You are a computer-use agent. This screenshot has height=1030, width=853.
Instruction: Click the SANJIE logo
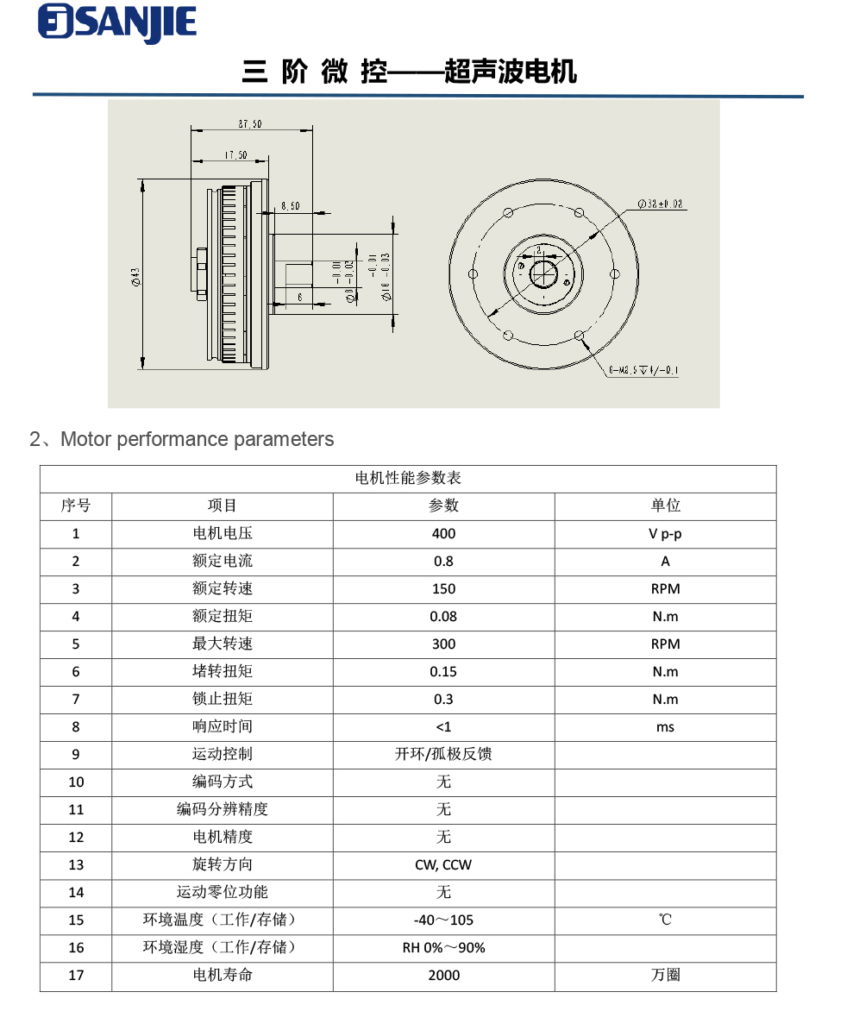117,23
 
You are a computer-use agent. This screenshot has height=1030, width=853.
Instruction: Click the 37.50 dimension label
250,124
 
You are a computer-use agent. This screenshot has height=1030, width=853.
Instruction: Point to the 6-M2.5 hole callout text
643,371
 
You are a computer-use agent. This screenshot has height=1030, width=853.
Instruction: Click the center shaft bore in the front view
543,274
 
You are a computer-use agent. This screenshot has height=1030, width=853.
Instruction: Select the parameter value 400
443,534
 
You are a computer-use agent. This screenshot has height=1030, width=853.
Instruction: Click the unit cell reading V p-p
665,534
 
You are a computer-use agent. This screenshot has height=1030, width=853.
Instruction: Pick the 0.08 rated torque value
443,617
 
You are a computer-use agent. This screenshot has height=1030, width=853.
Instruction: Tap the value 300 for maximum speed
443,644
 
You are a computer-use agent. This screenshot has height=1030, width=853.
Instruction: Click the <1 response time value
443,727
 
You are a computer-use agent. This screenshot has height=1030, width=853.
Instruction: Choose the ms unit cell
665,727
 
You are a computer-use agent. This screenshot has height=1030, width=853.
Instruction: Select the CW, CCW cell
443,865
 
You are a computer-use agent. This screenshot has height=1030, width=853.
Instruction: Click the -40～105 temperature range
443,920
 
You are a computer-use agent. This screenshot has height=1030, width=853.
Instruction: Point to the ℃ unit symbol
665,920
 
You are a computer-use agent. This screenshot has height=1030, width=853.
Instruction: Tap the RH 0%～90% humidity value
443,948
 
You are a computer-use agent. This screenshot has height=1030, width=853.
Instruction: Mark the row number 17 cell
76,976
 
